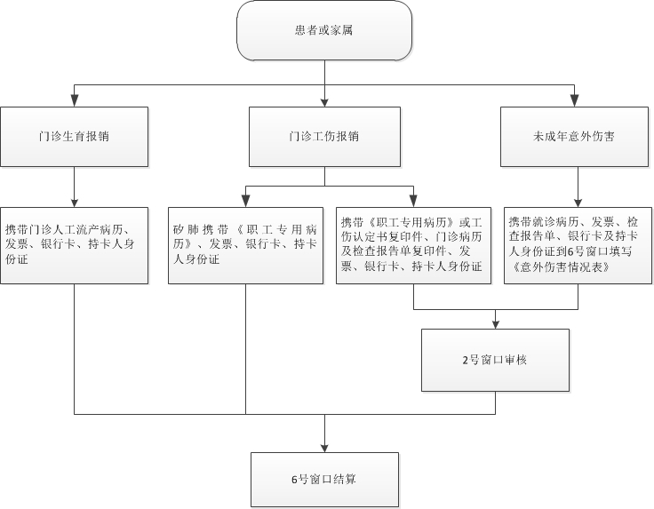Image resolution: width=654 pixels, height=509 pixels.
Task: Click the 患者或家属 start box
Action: [324, 30]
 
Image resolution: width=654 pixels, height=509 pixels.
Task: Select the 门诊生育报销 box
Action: [75, 137]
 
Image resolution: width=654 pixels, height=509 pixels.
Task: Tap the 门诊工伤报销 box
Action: [324, 137]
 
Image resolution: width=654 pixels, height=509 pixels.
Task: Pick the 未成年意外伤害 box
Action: [574, 137]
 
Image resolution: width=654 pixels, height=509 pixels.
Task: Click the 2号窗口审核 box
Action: [495, 360]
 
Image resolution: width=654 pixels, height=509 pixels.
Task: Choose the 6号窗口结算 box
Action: [324, 480]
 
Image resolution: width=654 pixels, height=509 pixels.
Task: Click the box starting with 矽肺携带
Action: [245, 245]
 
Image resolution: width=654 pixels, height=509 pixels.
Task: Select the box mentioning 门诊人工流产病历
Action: [75, 245]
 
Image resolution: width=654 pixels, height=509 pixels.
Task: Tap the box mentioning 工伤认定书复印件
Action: [413, 245]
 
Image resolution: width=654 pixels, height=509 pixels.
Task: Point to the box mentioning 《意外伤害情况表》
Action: [578, 245]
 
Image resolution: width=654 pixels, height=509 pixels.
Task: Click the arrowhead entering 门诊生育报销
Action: [75, 101]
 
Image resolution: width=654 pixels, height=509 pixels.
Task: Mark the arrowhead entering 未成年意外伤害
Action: [574, 101]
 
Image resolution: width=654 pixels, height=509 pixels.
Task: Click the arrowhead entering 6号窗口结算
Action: [324, 448]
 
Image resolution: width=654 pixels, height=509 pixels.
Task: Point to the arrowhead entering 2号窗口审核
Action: [495, 324]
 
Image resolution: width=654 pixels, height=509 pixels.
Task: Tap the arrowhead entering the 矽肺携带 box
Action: [245, 202]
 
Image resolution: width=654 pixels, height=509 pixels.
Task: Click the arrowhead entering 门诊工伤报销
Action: [324, 102]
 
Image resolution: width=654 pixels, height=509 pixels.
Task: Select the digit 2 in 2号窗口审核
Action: [466, 360]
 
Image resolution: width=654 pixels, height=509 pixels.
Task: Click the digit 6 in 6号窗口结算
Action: [294, 480]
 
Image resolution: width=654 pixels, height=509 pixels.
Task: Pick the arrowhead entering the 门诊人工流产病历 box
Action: [75, 202]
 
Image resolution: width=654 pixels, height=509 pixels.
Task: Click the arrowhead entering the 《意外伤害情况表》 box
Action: [578, 202]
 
